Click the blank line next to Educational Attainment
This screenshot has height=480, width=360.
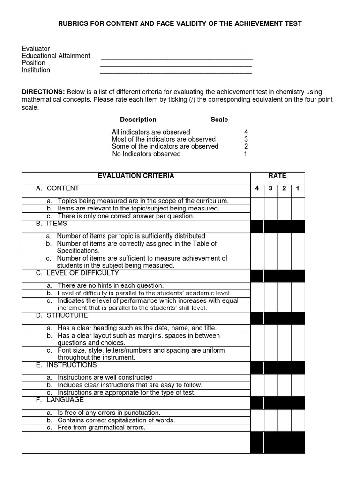[177, 58]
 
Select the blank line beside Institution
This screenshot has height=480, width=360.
[176, 72]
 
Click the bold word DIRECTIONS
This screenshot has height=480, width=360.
[43, 92]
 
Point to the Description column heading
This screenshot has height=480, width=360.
[138, 120]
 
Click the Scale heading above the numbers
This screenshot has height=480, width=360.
[219, 120]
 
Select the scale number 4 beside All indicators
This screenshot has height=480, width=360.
[246, 132]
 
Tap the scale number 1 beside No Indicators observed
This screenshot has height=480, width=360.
[246, 154]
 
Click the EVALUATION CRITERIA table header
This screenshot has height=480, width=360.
[135, 176]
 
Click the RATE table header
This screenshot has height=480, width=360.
[277, 176]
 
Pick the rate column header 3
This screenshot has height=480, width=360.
[270, 188]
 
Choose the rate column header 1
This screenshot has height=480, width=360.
[298, 188]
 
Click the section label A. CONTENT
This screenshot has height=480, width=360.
[58, 188]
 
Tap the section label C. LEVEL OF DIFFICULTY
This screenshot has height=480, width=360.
[77, 273]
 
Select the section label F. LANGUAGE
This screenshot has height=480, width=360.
[60, 400]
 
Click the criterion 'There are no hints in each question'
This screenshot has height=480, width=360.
[110, 285]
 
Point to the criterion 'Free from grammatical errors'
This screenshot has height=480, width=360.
[101, 427]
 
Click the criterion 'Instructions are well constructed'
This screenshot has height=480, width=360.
[105, 377]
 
